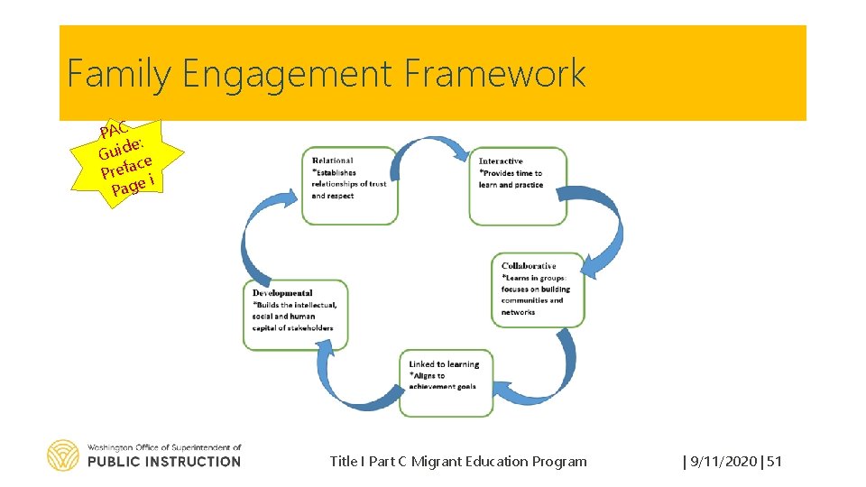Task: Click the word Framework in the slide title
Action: [495, 74]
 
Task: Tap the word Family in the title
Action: [117, 74]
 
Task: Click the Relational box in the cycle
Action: [349, 184]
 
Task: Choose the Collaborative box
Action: [542, 289]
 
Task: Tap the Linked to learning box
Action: [446, 382]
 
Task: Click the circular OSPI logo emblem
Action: [63, 455]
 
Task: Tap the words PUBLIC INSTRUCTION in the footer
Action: [164, 462]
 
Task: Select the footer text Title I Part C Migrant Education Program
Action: [457, 462]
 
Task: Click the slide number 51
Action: [774, 462]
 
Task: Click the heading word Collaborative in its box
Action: [529, 266]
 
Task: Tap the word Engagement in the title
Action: [288, 74]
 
